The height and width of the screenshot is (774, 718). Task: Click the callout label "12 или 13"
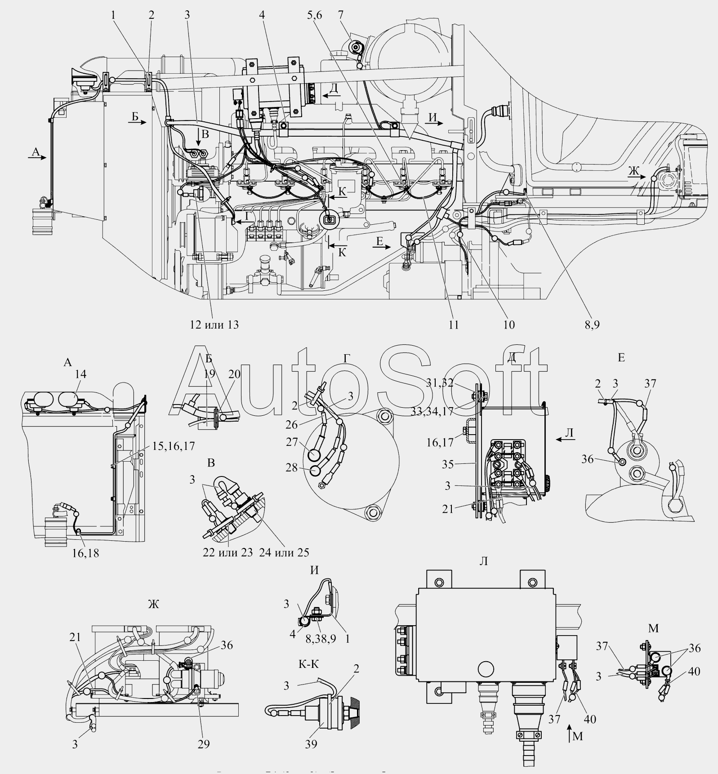(214, 324)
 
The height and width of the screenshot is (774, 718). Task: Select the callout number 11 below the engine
(453, 324)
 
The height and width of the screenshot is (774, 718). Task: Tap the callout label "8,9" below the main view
(592, 324)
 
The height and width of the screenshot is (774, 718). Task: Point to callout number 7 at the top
(341, 15)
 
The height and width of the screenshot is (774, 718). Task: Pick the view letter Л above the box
(483, 561)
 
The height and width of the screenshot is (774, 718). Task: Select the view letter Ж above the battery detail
(153, 604)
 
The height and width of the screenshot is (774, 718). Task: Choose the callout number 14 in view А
(81, 374)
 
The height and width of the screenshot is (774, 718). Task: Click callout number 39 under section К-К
(311, 744)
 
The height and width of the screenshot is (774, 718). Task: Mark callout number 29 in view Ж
(204, 744)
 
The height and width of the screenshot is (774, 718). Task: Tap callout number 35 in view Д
(447, 464)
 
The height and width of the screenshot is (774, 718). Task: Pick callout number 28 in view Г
(292, 467)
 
